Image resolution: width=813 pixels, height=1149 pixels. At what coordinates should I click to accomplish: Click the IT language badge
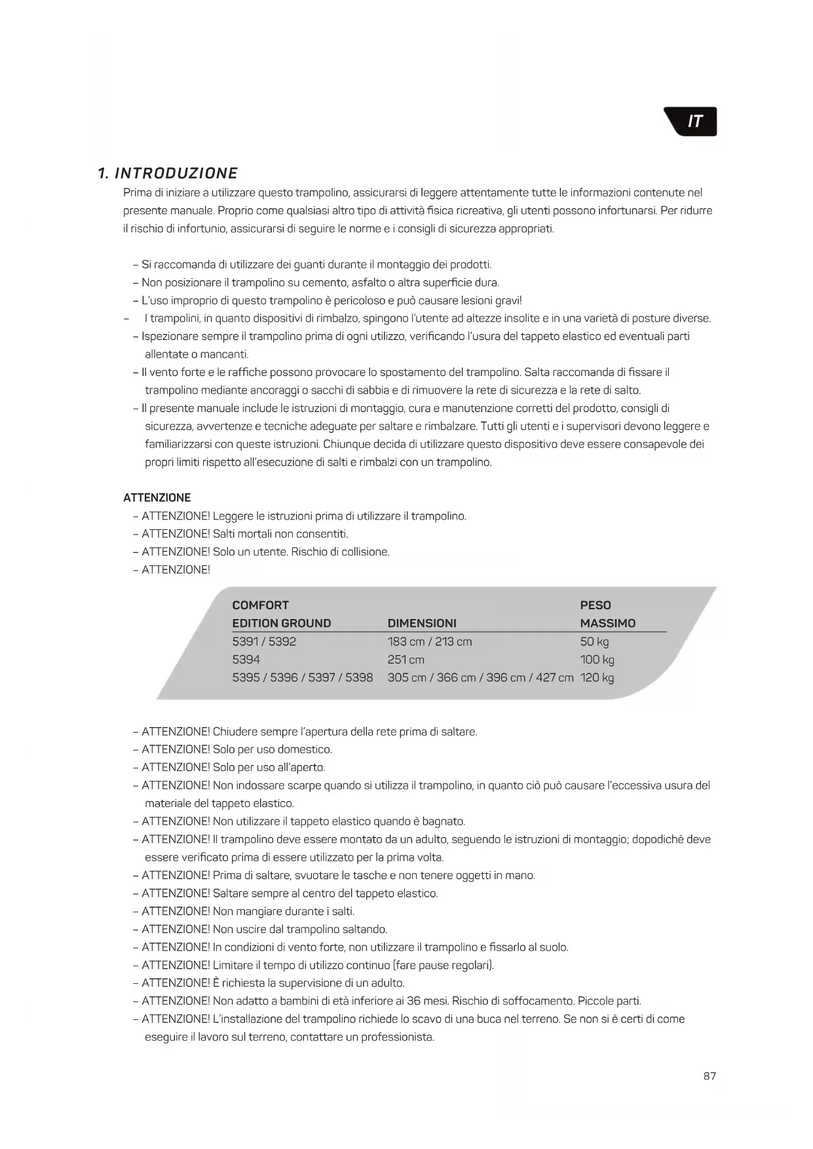pyautogui.click(x=693, y=122)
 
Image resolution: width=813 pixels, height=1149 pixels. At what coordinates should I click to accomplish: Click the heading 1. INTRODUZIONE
pyautogui.click(x=168, y=174)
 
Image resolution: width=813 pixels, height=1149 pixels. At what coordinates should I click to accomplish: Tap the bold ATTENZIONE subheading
pyautogui.click(x=157, y=498)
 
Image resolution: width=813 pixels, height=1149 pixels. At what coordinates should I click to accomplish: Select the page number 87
pyautogui.click(x=709, y=1076)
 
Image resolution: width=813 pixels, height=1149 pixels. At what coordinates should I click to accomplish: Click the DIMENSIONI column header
pyautogui.click(x=422, y=623)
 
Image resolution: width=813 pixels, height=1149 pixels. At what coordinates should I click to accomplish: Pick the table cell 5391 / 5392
pyautogui.click(x=264, y=641)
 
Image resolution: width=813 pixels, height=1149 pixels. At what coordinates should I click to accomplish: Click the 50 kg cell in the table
pyautogui.click(x=594, y=641)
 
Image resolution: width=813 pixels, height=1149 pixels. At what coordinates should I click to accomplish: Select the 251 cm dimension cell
pyautogui.click(x=406, y=660)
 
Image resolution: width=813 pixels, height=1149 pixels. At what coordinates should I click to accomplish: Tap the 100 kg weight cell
pyautogui.click(x=597, y=660)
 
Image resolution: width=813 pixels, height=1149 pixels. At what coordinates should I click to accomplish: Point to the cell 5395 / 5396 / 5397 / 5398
pyautogui.click(x=303, y=677)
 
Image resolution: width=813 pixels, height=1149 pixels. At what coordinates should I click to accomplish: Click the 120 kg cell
pyautogui.click(x=597, y=677)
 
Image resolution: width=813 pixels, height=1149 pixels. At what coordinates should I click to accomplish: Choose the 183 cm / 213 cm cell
pyautogui.click(x=430, y=641)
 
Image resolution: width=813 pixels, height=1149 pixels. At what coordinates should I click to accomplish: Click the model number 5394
pyautogui.click(x=246, y=660)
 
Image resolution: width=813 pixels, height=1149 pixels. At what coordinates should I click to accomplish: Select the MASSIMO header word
pyautogui.click(x=608, y=623)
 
